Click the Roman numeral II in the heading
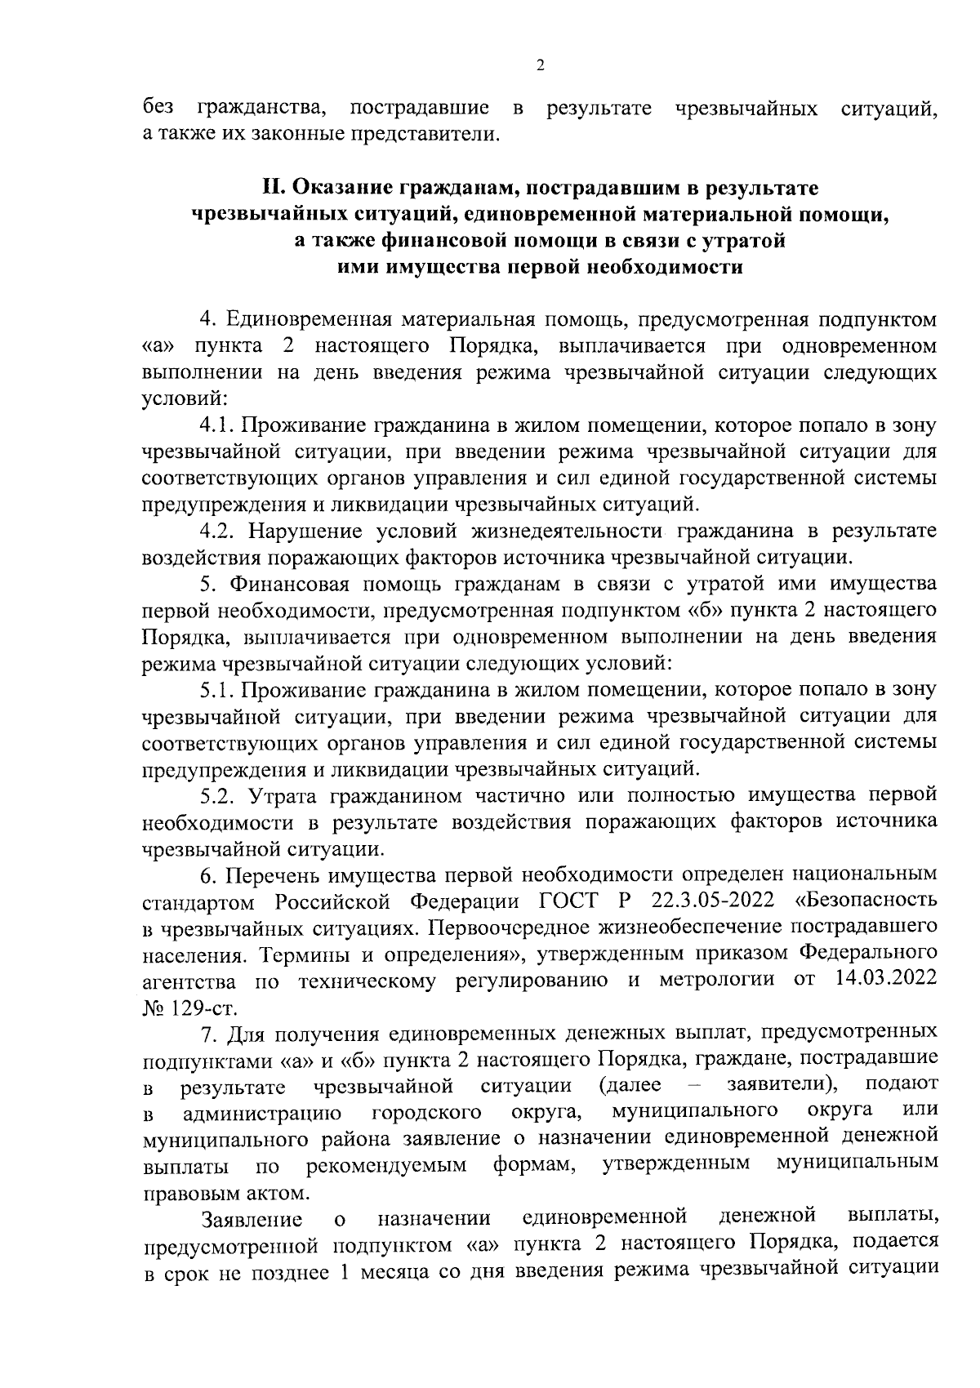272,188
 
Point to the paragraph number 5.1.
217,689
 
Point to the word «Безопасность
866,901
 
